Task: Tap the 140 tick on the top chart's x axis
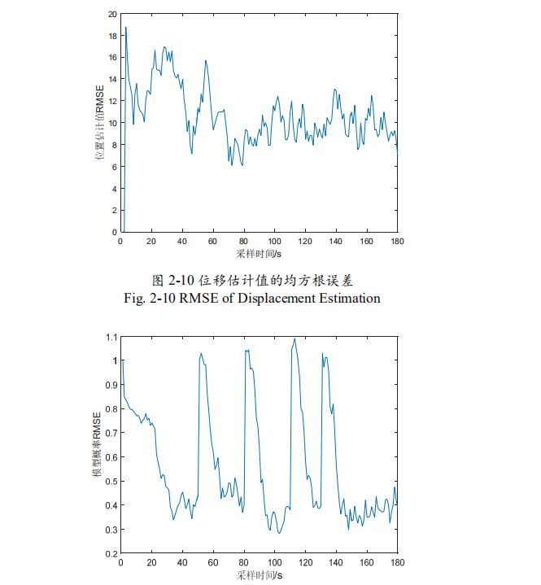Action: (336, 241)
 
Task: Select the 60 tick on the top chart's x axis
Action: (213, 241)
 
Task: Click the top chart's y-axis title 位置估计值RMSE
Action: (101, 122)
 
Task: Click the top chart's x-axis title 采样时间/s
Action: (259, 253)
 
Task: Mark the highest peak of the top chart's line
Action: (125, 28)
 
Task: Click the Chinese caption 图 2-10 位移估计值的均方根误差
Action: (258, 281)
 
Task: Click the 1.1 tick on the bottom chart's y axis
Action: (111, 336)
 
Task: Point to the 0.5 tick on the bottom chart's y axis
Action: (111, 481)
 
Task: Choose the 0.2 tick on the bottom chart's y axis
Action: (111, 553)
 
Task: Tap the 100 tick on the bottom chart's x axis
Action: (274, 562)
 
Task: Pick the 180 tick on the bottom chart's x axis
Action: (397, 562)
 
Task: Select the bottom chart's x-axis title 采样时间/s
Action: (259, 575)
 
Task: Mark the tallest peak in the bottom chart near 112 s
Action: (294, 338)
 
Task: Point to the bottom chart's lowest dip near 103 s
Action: (279, 533)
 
